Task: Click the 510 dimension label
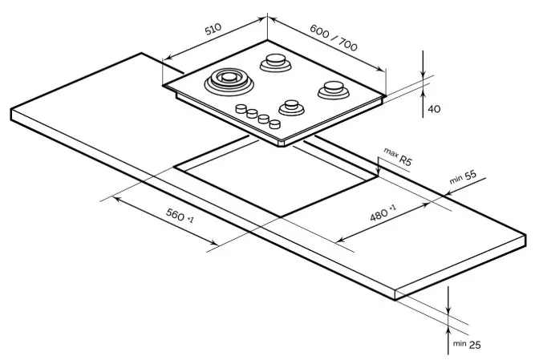pyautogui.click(x=213, y=30)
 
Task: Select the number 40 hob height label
pyautogui.click(x=434, y=109)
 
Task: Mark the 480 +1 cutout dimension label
pyautogui.click(x=383, y=212)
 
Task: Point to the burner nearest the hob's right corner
pyautogui.click(x=330, y=89)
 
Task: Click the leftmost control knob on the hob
pyautogui.click(x=240, y=109)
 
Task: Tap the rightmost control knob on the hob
pyautogui.click(x=275, y=123)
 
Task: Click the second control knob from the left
pyautogui.click(x=251, y=114)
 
